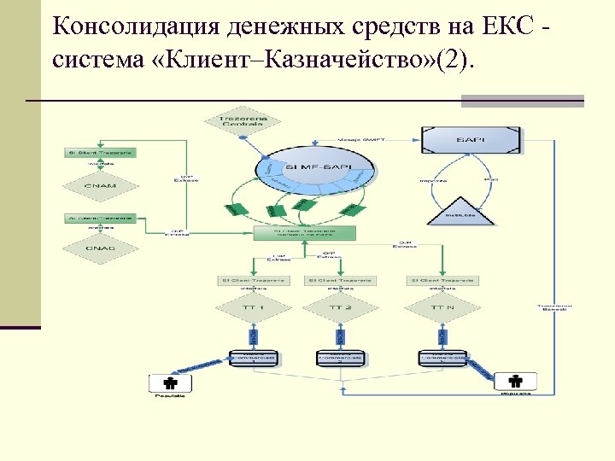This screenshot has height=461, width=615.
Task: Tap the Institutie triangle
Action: point(459,209)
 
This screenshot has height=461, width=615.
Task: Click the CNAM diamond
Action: point(100,184)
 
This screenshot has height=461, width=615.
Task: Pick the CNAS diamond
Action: point(100,248)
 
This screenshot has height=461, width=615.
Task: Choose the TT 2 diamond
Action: point(340,306)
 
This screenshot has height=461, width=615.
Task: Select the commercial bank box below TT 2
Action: point(339,359)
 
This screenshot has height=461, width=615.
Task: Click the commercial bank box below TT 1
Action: point(254,359)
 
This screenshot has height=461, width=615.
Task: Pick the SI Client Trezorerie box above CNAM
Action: point(100,152)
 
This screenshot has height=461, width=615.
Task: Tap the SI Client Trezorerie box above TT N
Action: point(442,280)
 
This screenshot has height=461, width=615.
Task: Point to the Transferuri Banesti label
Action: point(554,307)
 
